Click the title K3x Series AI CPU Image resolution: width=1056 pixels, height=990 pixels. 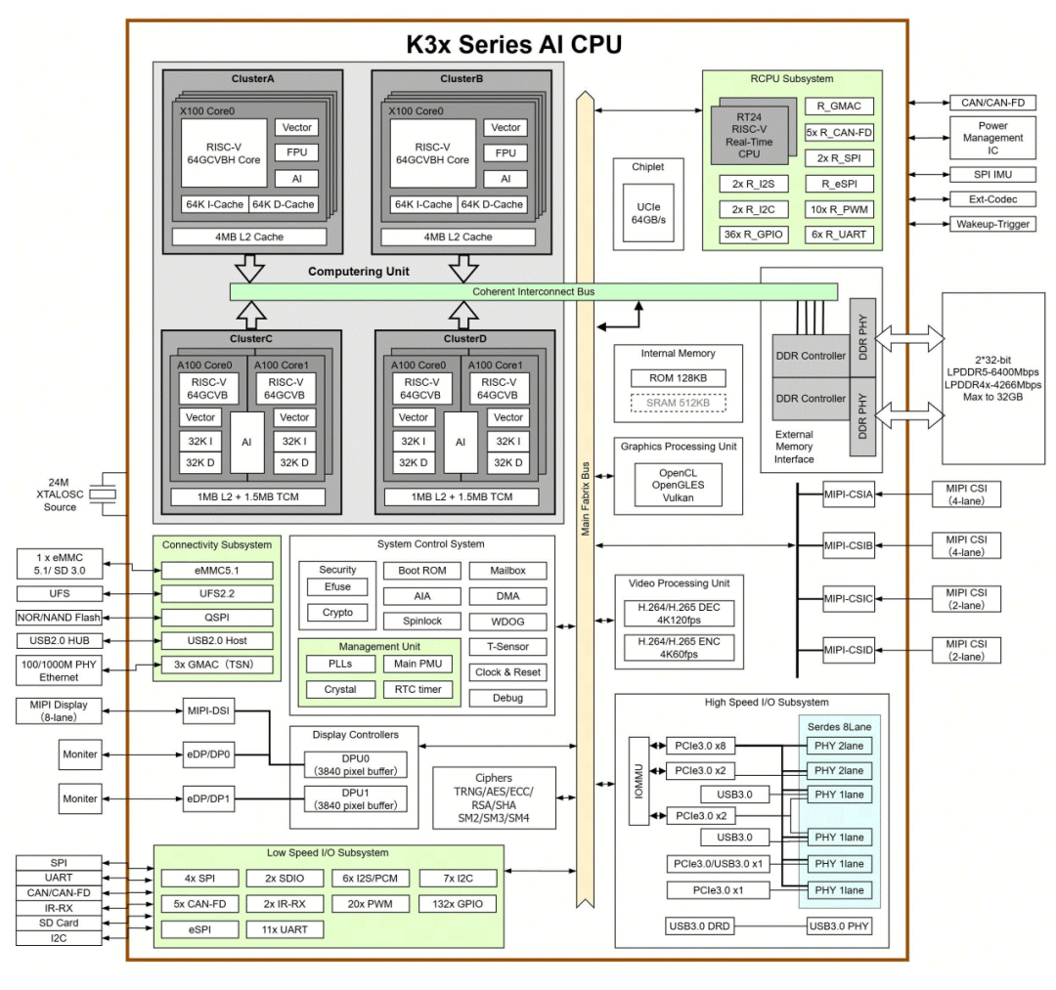513,44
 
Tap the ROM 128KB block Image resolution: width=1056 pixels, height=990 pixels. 679,377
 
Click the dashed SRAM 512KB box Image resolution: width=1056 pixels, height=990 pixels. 679,402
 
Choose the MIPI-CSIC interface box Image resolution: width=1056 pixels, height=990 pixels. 848,598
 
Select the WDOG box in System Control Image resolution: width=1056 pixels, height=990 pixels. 506,622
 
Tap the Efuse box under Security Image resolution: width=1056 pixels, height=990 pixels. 337,587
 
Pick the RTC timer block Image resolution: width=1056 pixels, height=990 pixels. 418,689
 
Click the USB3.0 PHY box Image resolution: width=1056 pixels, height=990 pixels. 838,926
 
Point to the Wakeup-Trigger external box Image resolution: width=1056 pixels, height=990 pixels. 991,224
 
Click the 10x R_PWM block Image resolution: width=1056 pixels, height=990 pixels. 840,208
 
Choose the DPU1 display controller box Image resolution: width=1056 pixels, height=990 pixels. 355,798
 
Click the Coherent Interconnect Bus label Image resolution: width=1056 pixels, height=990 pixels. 533,291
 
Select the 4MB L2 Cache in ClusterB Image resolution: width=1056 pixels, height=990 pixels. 458,237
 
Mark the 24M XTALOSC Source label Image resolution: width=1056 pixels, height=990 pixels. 61,495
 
